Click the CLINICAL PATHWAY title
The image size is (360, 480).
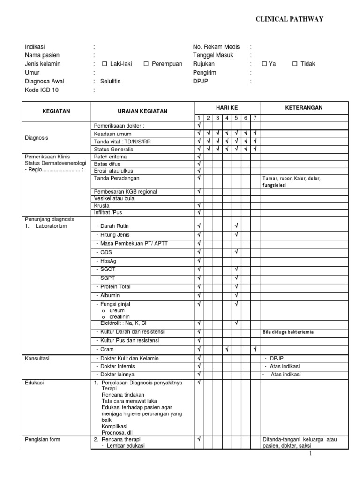click(x=289, y=19)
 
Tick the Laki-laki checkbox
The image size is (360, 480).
click(x=105, y=64)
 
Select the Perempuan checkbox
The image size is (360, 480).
click(x=147, y=64)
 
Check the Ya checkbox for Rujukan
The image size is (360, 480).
click(x=264, y=64)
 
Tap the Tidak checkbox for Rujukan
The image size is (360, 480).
click(x=295, y=64)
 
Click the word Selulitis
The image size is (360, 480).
click(x=110, y=82)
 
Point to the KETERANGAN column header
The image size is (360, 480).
click(x=304, y=108)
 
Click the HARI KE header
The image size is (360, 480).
click(x=227, y=108)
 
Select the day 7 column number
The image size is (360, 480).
click(x=255, y=118)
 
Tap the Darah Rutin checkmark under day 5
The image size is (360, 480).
click(x=236, y=226)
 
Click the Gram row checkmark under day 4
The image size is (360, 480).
click(x=227, y=349)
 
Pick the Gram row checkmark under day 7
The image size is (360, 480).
click(x=255, y=349)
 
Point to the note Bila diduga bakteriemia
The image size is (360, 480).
click(x=288, y=332)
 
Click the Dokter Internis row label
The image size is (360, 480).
click(x=117, y=366)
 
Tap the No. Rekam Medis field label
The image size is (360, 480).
click(x=216, y=47)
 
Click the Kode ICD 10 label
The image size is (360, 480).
click(x=42, y=90)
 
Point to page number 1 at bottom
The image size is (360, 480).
click(x=310, y=454)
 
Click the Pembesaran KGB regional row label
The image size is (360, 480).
click(x=126, y=192)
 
